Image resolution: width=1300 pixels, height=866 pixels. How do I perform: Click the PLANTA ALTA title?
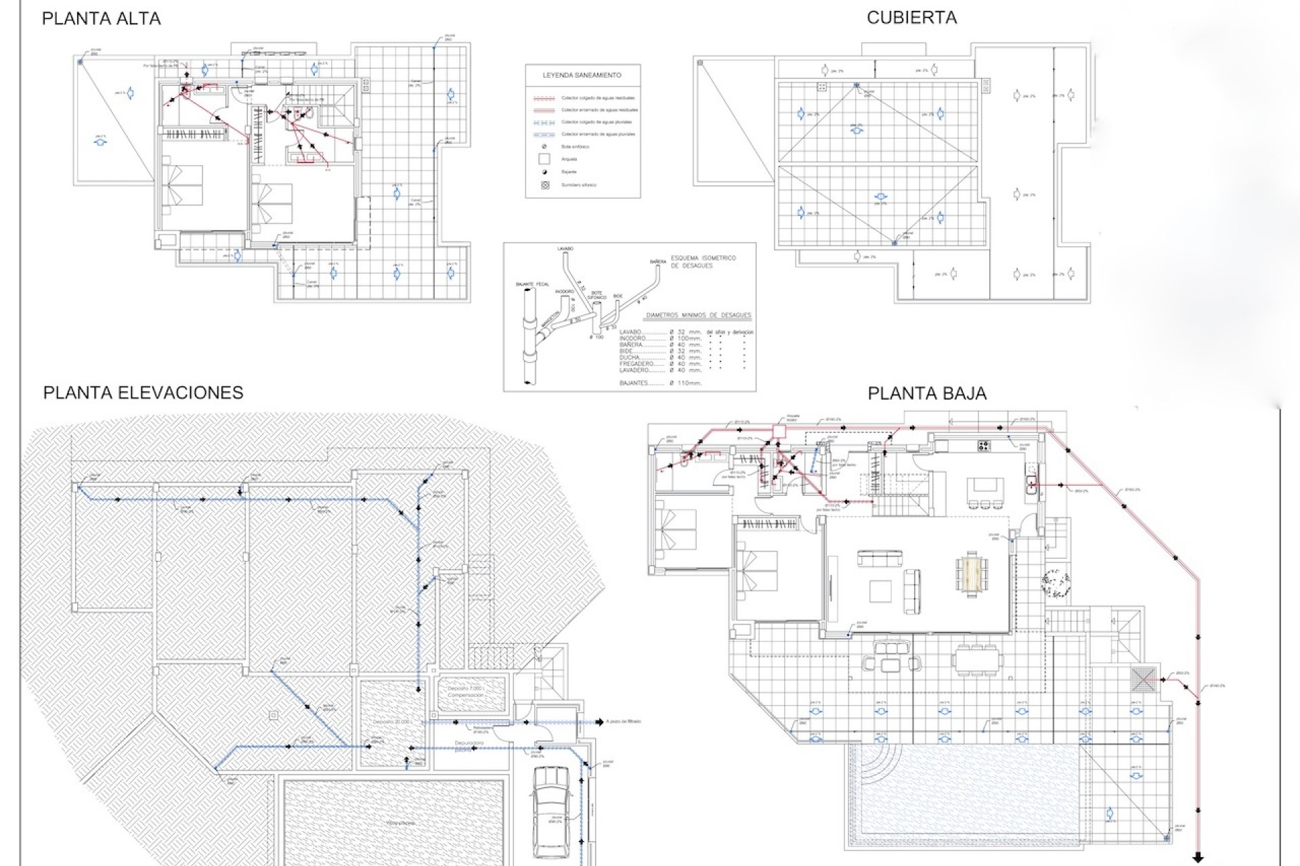point(101,19)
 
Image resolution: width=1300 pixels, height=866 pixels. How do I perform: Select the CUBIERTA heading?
point(911,18)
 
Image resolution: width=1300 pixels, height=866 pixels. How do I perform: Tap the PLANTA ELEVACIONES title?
point(143,393)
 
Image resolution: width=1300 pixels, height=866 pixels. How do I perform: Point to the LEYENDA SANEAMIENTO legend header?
point(582,75)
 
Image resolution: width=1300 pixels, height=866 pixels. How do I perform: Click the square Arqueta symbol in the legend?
point(544,160)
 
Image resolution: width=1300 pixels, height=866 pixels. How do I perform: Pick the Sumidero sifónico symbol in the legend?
point(544,185)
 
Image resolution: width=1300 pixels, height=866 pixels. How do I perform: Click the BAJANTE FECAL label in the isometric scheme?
point(532,285)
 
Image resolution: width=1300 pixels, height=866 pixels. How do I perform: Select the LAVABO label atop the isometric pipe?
point(565,249)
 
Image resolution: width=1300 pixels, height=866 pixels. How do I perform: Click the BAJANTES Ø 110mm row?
point(660,383)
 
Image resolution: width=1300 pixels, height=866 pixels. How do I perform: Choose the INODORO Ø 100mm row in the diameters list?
point(660,338)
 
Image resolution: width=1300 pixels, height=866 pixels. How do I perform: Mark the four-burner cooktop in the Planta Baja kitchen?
point(984,445)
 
